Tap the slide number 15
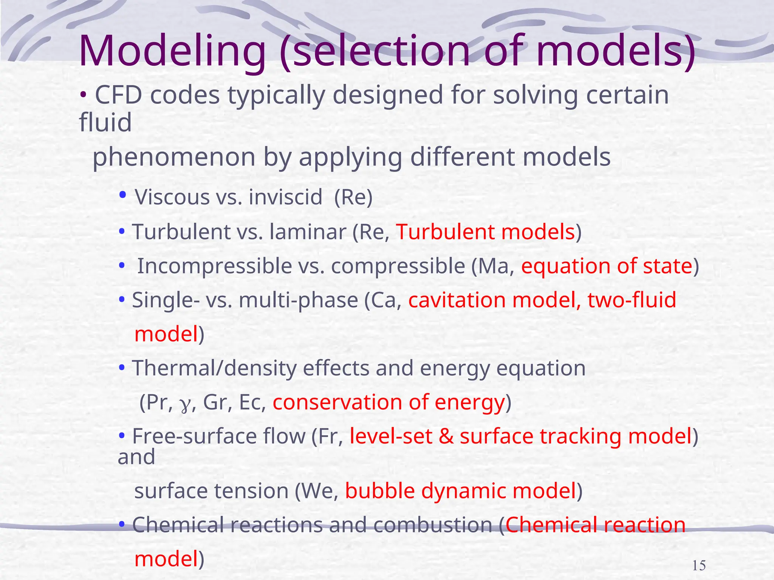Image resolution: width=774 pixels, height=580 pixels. (699, 566)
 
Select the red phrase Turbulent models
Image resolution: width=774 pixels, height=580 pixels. (485, 231)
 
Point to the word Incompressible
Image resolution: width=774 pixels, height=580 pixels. (214, 266)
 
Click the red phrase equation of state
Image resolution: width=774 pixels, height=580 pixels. (607, 266)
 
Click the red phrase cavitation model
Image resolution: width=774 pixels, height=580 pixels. (494, 300)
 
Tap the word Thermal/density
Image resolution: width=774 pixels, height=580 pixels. (214, 368)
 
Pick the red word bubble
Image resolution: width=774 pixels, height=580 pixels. (379, 491)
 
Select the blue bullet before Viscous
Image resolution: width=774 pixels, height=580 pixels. (122, 195)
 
